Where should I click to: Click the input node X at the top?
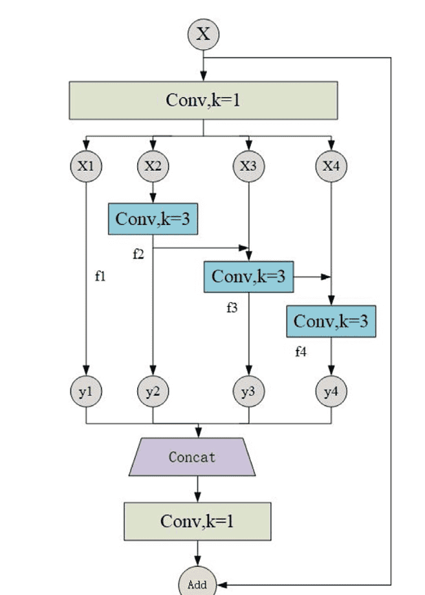tap(203, 34)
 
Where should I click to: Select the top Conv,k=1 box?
tap(203, 100)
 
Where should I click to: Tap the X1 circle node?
tap(86, 166)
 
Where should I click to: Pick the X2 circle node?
tap(153, 166)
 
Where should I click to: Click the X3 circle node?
tap(248, 166)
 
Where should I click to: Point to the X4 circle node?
tap(331, 166)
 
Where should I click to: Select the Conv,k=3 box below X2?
tap(152, 219)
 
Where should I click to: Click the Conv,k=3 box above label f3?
tap(248, 277)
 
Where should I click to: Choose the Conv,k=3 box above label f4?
tap(331, 321)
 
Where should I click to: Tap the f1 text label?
tap(100, 277)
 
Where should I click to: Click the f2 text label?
tap(138, 254)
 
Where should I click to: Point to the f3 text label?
tap(232, 308)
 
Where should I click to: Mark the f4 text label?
tap(301, 352)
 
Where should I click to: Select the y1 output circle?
tap(86, 392)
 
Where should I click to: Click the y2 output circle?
tap(153, 392)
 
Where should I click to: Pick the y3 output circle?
tap(248, 392)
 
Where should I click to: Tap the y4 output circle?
tap(331, 392)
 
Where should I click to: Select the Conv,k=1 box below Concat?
tap(197, 521)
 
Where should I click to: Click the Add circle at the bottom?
tap(197, 585)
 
